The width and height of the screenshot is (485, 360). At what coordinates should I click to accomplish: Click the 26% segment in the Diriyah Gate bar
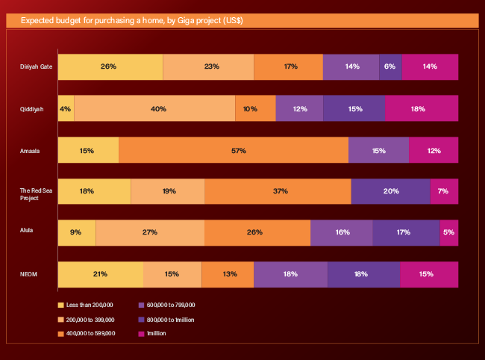(110, 67)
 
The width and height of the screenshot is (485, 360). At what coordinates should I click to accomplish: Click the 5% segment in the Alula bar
(448, 232)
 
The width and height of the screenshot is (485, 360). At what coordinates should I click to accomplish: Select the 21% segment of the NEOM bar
(100, 274)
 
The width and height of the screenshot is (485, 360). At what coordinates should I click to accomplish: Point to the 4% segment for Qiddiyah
(66, 109)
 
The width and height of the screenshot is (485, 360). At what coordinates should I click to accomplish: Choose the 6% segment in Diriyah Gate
(390, 67)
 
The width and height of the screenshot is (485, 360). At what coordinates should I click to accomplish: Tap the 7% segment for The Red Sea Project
(444, 191)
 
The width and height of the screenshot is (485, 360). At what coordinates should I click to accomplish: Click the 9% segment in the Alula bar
(77, 232)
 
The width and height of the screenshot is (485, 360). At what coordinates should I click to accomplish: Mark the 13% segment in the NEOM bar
(228, 274)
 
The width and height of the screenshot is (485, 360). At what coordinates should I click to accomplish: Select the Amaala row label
(30, 151)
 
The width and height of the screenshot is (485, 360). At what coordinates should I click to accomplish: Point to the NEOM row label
(28, 274)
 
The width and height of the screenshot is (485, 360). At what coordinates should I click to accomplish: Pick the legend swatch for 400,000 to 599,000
(61, 333)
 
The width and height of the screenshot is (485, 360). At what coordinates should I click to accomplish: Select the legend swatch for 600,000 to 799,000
(142, 305)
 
